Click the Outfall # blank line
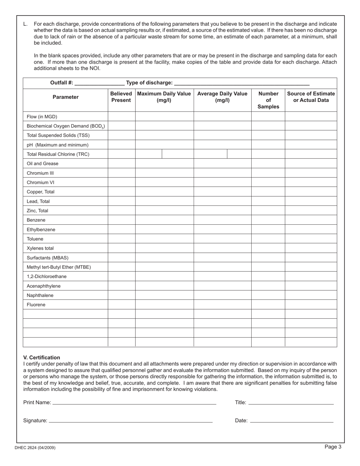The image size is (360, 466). click(x=100, y=83)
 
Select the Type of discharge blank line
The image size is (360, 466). click(x=241, y=83)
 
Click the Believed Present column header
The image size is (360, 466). click(x=121, y=97)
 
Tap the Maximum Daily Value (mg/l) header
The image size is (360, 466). click(x=164, y=97)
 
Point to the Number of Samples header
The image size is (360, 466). click(x=268, y=100)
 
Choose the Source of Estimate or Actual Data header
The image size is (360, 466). click(x=311, y=97)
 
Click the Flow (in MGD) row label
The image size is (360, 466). click(x=42, y=117)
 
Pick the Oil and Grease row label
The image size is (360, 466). click(x=43, y=164)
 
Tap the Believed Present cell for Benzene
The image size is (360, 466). click(x=121, y=220)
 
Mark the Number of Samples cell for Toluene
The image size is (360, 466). click(x=268, y=239)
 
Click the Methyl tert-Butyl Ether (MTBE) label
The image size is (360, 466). click(x=59, y=267)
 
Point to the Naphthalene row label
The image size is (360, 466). click(x=40, y=296)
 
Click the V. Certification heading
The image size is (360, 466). click(x=42, y=357)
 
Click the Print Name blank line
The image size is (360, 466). click(x=134, y=403)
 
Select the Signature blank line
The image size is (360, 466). click(x=131, y=421)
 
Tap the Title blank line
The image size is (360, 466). click(x=291, y=403)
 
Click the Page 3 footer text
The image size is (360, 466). click(x=333, y=447)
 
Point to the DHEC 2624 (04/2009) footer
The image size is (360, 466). click(x=35, y=448)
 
